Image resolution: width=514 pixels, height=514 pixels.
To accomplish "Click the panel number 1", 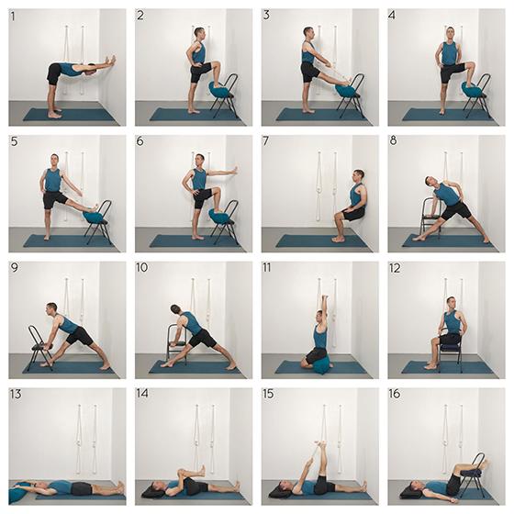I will coord(14,16).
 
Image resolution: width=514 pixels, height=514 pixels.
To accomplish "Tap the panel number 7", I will coord(266,141).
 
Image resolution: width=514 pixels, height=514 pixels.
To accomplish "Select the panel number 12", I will coord(395,268).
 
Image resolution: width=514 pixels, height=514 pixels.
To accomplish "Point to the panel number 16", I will coord(395,394).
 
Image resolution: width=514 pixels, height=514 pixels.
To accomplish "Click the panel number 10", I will coord(141,268).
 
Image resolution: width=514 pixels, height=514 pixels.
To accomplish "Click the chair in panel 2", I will coord(222,93).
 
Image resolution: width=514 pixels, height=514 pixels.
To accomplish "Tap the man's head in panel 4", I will coord(449,33).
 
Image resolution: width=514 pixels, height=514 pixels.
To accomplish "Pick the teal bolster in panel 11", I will coord(318,364).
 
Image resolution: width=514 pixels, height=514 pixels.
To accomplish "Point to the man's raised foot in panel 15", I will coord(318,449).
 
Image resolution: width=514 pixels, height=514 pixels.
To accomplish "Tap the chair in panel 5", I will coord(98,220).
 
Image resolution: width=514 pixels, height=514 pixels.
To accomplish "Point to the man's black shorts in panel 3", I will coord(310,70).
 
